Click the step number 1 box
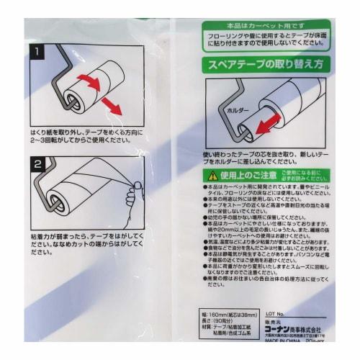pos(37,52)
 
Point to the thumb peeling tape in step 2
pos(131,194)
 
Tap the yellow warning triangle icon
pos(212,175)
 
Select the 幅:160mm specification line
pos(230,315)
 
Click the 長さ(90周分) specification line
pos(221,322)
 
